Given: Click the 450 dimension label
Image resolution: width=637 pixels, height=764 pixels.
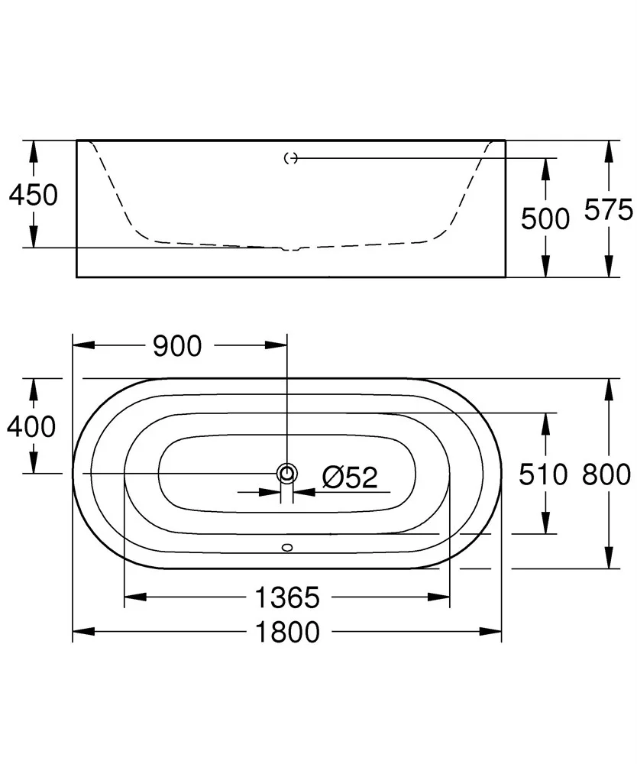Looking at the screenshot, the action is [x=33, y=195].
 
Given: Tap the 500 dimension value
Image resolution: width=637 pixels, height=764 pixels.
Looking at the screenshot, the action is [x=545, y=219].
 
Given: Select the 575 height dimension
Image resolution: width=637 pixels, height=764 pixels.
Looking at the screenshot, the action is [x=609, y=210].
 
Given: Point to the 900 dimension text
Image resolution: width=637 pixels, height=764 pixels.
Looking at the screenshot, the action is [x=177, y=346].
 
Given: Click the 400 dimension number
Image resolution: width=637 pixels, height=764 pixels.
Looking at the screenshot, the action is [x=31, y=427].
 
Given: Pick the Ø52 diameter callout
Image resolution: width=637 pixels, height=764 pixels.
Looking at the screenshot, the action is [x=350, y=477].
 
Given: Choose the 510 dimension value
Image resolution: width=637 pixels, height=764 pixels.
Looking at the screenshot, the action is [x=543, y=474].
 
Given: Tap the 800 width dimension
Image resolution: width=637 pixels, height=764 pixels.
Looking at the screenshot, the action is [x=606, y=474].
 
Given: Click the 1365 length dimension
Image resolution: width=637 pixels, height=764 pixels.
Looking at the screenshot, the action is [x=287, y=597].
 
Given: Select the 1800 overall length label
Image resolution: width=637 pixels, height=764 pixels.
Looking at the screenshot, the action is [x=287, y=632].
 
